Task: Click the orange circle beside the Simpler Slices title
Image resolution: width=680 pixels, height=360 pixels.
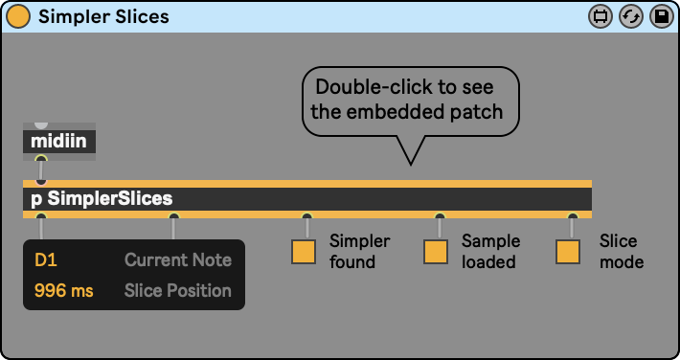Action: tap(18, 16)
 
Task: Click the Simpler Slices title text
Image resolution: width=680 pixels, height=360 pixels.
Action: tap(103, 16)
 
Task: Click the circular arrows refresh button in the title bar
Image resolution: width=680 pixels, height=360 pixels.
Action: tap(630, 17)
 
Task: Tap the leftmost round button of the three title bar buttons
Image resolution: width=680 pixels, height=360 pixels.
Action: tap(601, 17)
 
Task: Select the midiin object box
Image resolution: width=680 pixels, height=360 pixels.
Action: tap(59, 142)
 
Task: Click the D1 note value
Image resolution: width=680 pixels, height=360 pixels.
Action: tap(46, 260)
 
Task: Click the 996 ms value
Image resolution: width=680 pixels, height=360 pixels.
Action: tap(64, 291)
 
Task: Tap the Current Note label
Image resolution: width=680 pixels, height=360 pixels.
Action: tap(178, 259)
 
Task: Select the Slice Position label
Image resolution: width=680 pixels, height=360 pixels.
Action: tap(178, 291)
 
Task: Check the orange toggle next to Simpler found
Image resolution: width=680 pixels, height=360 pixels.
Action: tap(304, 252)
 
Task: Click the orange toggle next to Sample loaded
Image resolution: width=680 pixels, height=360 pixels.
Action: tap(436, 252)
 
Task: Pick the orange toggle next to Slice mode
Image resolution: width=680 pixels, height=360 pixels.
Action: tap(568, 252)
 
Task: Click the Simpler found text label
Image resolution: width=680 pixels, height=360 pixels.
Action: tap(360, 251)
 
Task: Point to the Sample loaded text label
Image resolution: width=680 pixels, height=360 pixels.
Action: tap(491, 251)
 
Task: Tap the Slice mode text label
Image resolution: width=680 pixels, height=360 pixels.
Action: tap(622, 251)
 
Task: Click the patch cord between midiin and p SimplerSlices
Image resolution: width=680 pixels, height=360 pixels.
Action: tap(41, 169)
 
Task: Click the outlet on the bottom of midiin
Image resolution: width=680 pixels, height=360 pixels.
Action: tap(41, 158)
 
